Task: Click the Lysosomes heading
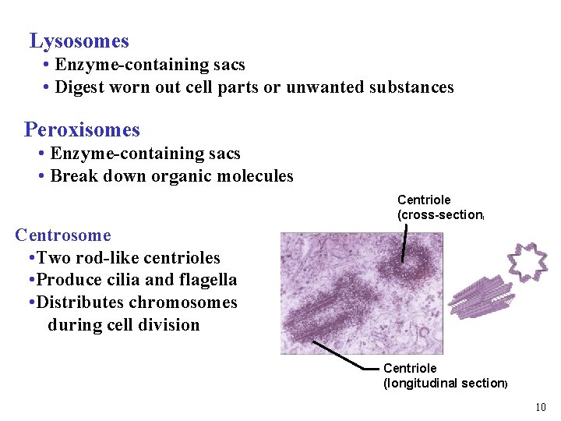pos(79,41)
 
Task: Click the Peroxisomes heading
pos(82,129)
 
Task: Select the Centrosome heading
pos(63,235)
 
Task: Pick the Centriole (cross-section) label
pos(441,207)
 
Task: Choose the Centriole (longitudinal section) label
pos(445,376)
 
